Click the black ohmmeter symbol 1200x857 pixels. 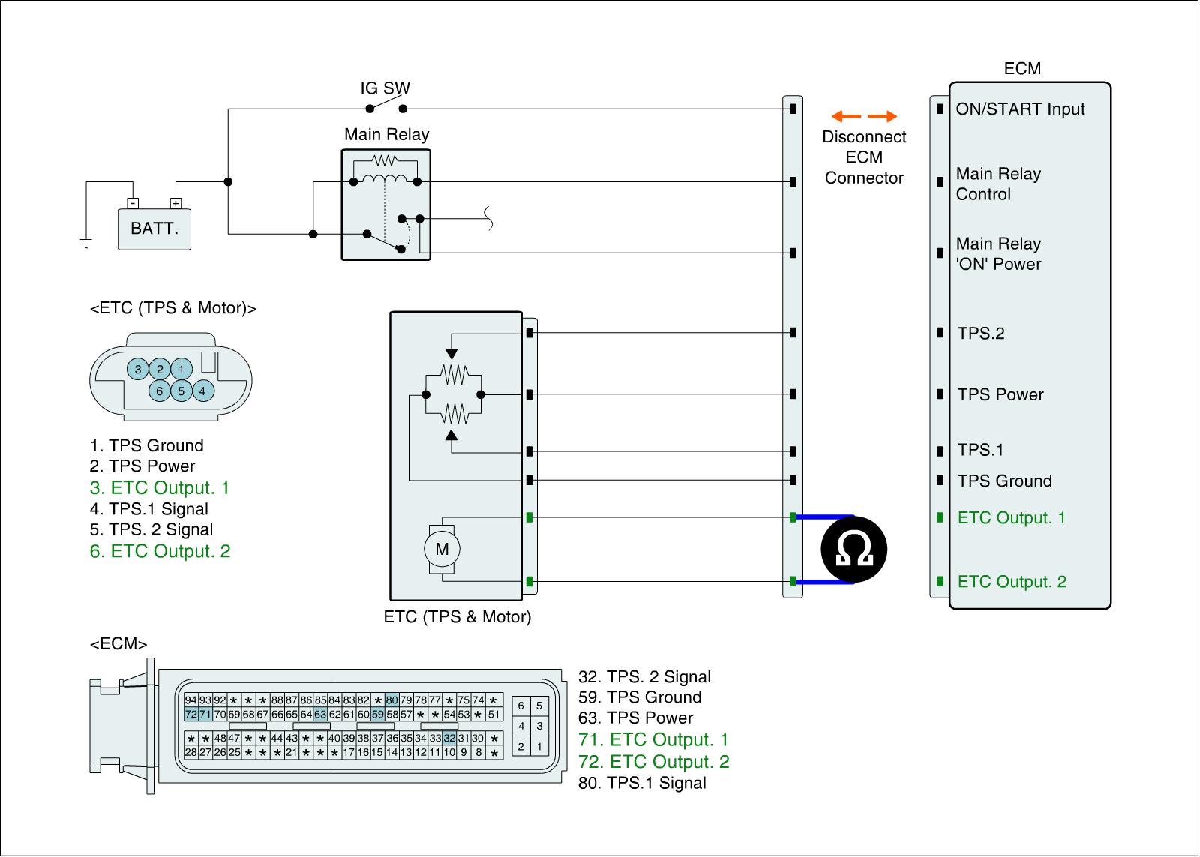pyautogui.click(x=854, y=549)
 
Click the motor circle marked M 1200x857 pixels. pyautogui.click(x=442, y=549)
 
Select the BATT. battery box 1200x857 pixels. pyautogui.click(x=154, y=229)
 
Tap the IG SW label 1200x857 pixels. pyautogui.click(x=385, y=88)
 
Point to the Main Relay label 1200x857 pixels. pyautogui.click(x=387, y=135)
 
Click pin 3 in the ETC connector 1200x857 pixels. pyautogui.click(x=138, y=369)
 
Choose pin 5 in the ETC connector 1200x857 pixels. pyautogui.click(x=181, y=391)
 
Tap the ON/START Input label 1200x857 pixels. pyautogui.click(x=1020, y=109)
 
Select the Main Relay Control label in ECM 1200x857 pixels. pyautogui.click(x=998, y=184)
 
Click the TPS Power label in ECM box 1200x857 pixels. pyautogui.click(x=1000, y=395)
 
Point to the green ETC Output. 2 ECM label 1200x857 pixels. pyautogui.click(x=1012, y=582)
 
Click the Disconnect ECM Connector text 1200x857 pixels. pyautogui.click(x=864, y=157)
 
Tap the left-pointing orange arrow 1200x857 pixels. pyautogui.click(x=845, y=117)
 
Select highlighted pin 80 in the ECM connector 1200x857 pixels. pyautogui.click(x=392, y=701)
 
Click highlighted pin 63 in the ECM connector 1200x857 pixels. pyautogui.click(x=320, y=715)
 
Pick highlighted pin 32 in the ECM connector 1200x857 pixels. pyautogui.click(x=449, y=739)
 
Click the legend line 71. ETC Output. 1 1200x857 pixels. pyautogui.click(x=653, y=740)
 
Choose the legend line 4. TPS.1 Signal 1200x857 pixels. pyautogui.click(x=149, y=509)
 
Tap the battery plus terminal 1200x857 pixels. pyautogui.click(x=175, y=203)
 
